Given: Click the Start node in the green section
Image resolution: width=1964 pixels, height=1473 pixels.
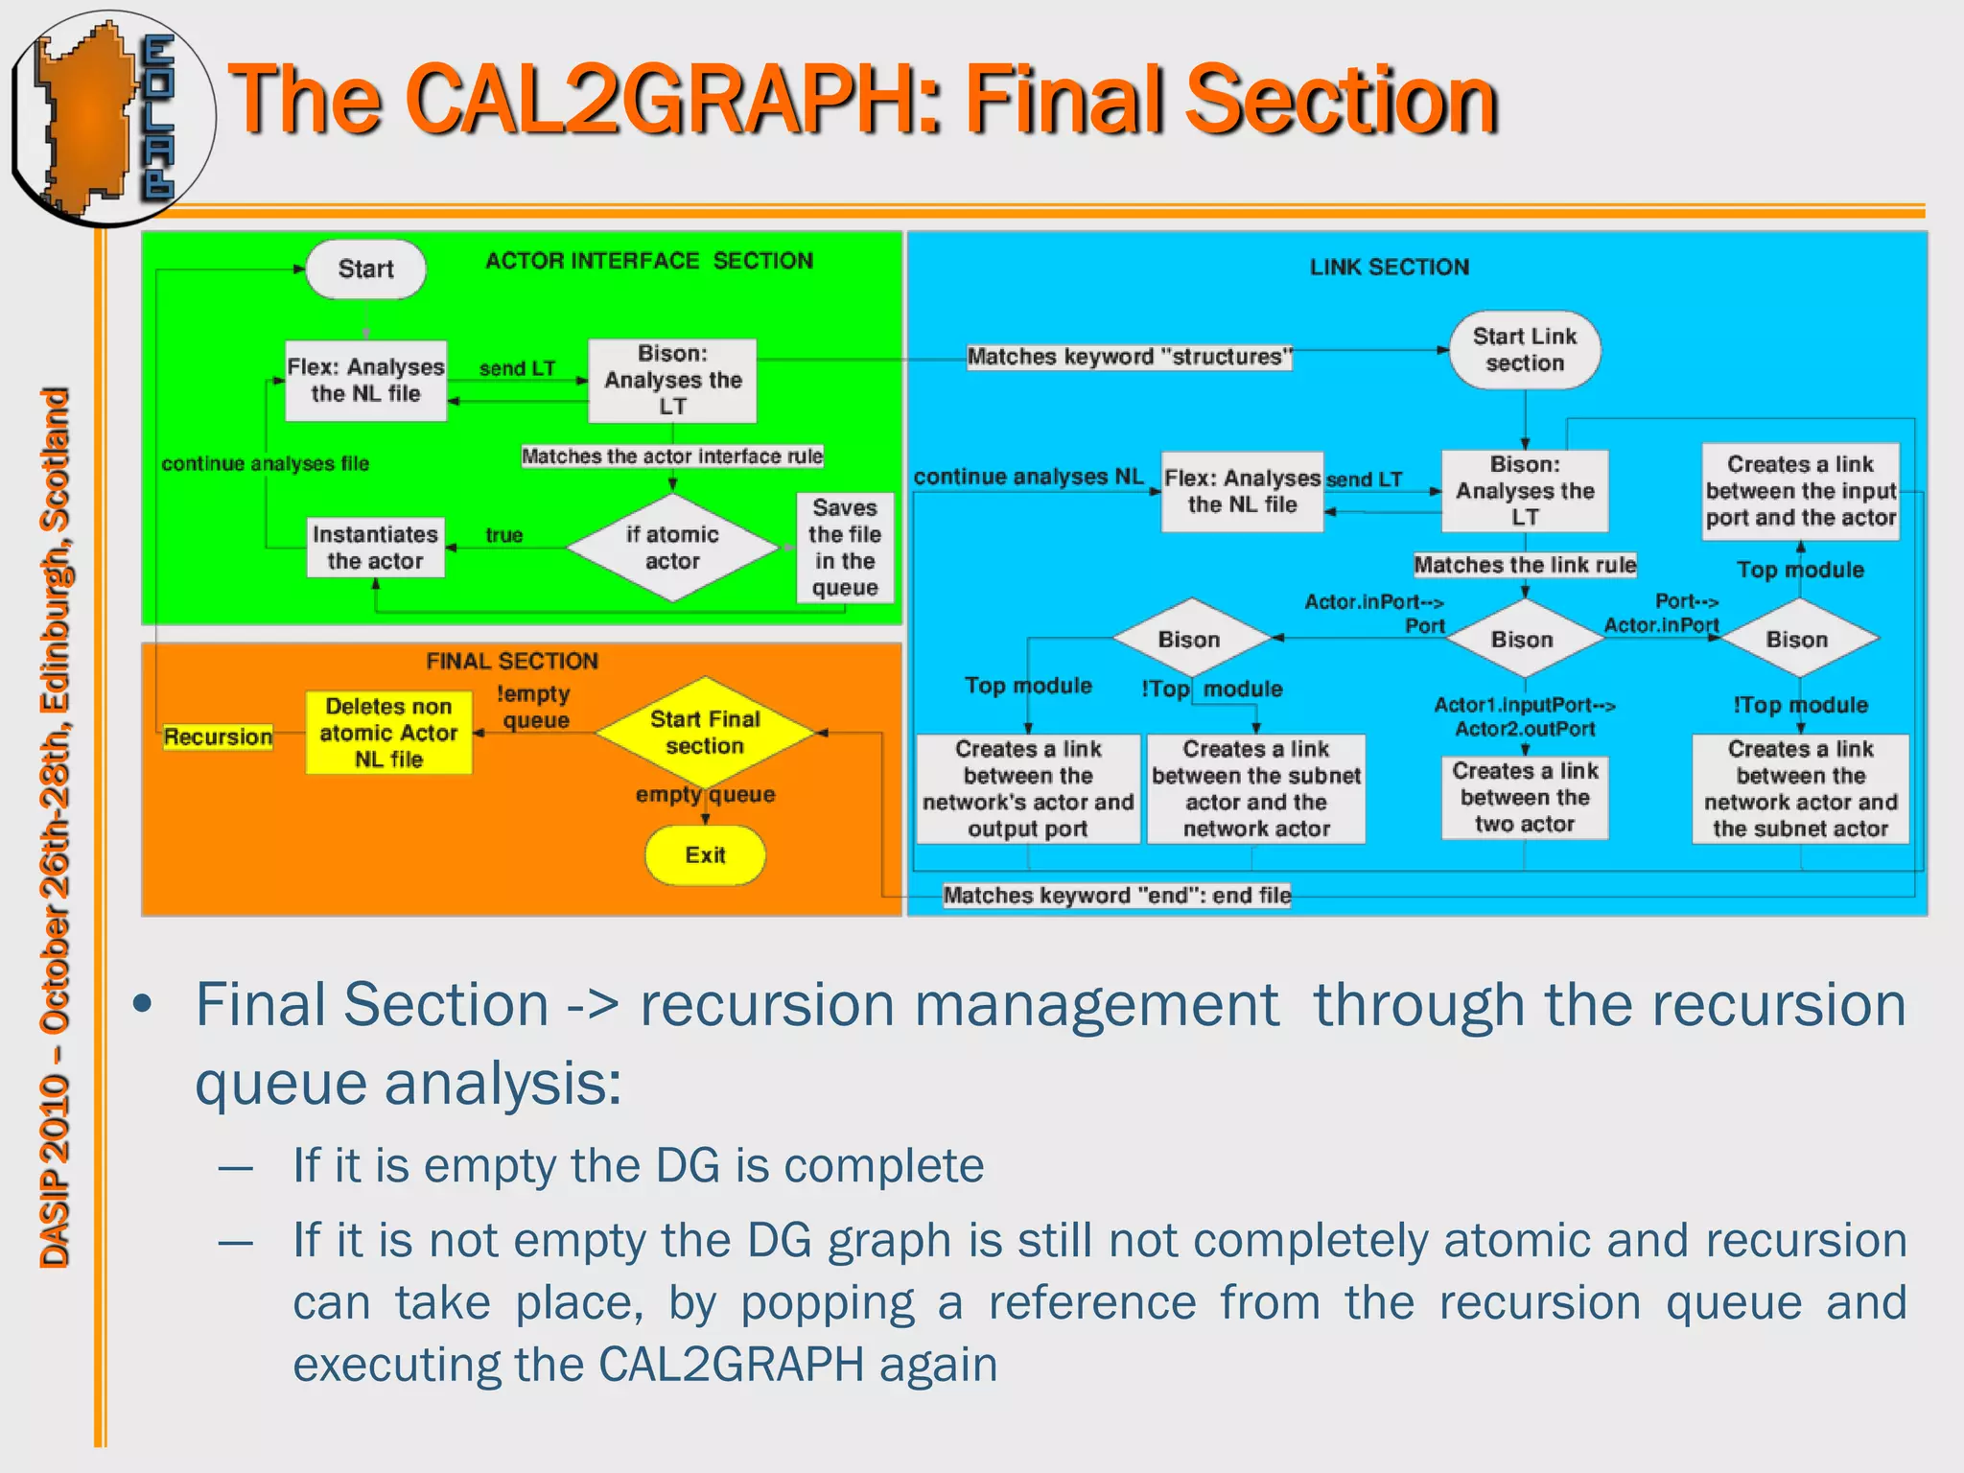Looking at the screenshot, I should (x=365, y=269).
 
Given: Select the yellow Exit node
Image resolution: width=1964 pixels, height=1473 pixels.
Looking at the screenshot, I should (x=705, y=854).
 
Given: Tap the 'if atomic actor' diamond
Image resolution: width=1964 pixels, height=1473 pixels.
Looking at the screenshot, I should (x=672, y=548).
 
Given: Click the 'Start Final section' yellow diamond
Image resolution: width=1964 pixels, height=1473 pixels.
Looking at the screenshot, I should (x=705, y=733).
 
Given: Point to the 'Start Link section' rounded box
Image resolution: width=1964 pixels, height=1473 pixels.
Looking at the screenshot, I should (x=1524, y=350).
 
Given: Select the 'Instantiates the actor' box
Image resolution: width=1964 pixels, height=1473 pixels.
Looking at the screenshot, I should (x=375, y=548).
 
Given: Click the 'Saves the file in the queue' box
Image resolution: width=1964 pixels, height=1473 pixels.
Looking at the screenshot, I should (x=844, y=548).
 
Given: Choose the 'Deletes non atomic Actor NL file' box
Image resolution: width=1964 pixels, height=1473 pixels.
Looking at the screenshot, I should (x=388, y=733).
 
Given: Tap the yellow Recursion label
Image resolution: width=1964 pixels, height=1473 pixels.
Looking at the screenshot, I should (x=218, y=736).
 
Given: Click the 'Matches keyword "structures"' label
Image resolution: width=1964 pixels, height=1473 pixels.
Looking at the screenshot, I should (x=1129, y=357).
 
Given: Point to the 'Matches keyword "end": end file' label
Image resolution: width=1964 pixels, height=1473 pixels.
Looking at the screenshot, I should (x=1116, y=896).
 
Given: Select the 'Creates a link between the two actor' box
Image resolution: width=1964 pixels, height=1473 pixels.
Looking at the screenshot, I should (x=1524, y=798).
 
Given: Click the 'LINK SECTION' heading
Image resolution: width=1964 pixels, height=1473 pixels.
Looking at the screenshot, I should (x=1389, y=268).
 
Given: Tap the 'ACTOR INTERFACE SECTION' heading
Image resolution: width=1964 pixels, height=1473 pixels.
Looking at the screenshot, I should (x=648, y=261).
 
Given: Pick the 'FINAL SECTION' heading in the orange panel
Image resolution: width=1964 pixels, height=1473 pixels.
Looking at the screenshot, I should (x=512, y=661).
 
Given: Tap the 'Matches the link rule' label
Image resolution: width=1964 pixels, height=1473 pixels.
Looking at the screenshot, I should (x=1524, y=565).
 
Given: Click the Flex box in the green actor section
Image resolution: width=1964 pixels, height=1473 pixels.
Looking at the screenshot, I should (x=365, y=381).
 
